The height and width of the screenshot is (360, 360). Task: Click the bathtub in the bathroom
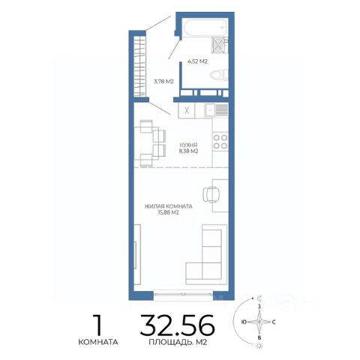205,28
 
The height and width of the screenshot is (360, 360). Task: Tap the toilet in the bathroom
219,75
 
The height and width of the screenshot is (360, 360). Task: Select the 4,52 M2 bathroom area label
197,61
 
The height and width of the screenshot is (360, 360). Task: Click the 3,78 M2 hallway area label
163,82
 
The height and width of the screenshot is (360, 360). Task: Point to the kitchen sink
217,110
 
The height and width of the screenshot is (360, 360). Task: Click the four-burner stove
220,142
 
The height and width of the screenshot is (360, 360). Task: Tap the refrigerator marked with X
187,110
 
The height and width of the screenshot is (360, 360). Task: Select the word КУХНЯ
189,145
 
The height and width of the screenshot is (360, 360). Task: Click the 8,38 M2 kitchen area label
188,151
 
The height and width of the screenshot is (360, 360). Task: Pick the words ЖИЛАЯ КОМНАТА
169,206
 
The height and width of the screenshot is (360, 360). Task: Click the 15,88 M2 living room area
168,212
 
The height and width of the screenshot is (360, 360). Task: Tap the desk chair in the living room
211,194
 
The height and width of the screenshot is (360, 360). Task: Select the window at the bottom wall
183,294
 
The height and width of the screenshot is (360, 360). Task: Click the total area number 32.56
178,325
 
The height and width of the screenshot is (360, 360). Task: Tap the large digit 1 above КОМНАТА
97,325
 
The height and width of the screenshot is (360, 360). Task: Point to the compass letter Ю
244,322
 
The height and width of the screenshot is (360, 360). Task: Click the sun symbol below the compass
260,346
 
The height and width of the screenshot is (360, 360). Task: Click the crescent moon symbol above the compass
260,298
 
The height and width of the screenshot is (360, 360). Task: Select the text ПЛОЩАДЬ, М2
178,342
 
